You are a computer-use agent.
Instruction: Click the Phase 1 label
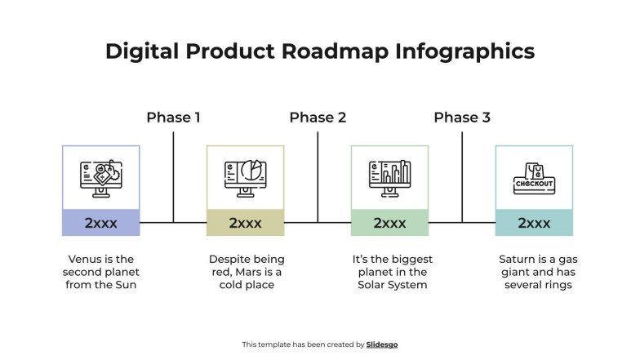click(x=173, y=118)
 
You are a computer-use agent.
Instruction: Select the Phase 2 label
click(x=318, y=118)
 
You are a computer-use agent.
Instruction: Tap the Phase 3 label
click(x=462, y=118)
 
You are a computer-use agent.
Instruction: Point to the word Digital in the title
click(x=144, y=51)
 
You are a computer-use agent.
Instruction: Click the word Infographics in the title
click(x=465, y=51)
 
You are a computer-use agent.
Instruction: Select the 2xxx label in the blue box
click(x=101, y=223)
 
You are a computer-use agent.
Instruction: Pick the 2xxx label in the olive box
click(x=245, y=223)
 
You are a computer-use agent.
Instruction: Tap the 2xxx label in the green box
click(x=389, y=223)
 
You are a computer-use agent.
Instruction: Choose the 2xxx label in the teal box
click(x=534, y=223)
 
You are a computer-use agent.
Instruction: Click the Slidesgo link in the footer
click(x=382, y=344)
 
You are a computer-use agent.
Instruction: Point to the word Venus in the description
click(x=85, y=260)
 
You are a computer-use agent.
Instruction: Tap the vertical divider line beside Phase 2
click(x=318, y=176)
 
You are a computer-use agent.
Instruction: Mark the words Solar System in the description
click(x=392, y=285)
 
